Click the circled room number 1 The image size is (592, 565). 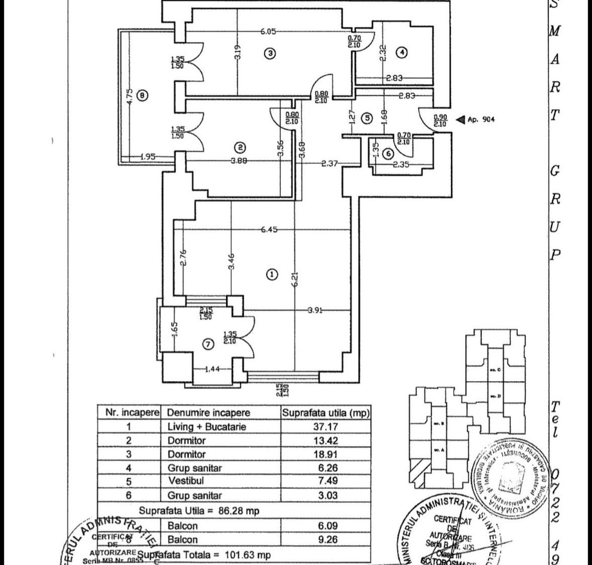click(271, 274)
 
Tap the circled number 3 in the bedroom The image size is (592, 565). click(269, 53)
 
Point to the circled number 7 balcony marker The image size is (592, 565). click(208, 344)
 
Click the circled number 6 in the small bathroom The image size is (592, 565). click(388, 154)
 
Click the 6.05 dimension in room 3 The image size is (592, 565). click(268, 31)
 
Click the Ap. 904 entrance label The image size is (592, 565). click(482, 119)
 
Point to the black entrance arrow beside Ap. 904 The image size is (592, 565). click(460, 119)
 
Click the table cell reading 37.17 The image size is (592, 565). click(326, 426)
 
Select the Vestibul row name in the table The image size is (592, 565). click(184, 481)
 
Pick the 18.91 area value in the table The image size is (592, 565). click(326, 454)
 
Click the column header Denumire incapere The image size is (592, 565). click(209, 413)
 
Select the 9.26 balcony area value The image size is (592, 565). click(326, 539)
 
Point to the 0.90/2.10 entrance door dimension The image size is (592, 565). click(440, 120)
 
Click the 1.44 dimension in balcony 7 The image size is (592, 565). click(212, 369)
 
